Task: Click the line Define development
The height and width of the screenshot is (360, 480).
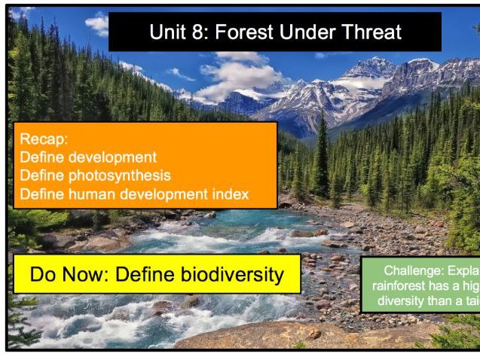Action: click(89, 157)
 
